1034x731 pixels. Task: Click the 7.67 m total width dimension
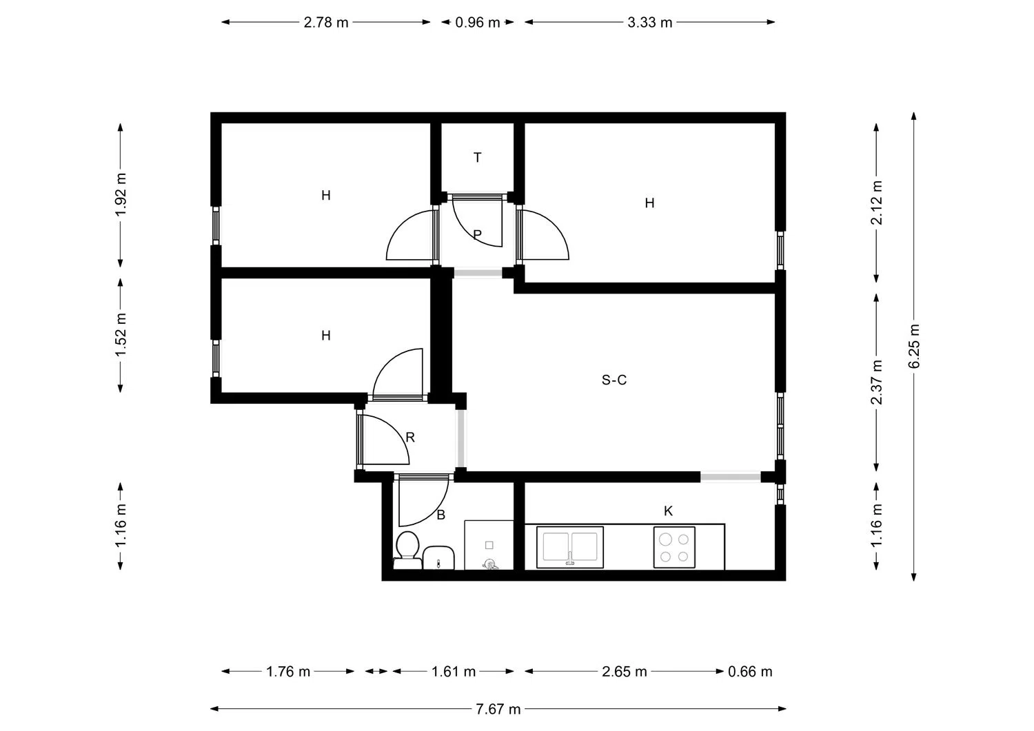point(498,709)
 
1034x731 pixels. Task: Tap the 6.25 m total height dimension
point(913,346)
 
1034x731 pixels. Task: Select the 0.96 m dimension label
point(477,22)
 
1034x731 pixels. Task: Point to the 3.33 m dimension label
point(649,22)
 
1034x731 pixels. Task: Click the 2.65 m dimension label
point(624,672)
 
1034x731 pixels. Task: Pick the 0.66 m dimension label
point(750,672)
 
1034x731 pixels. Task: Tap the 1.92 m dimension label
point(121,194)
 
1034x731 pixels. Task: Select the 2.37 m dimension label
point(876,382)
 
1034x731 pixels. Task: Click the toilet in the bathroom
point(407,550)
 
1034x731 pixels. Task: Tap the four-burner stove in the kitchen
point(674,547)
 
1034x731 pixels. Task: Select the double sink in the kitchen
point(569,547)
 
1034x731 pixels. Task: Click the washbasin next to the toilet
point(438,558)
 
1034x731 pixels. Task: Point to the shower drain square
point(489,545)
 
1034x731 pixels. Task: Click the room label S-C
point(614,380)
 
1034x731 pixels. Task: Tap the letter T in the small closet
point(477,157)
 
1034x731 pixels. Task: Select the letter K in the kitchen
point(668,511)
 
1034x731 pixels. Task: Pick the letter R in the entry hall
point(410,437)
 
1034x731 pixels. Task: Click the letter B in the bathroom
point(441,515)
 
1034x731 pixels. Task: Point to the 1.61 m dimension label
point(454,672)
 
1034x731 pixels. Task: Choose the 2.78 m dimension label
point(326,22)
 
